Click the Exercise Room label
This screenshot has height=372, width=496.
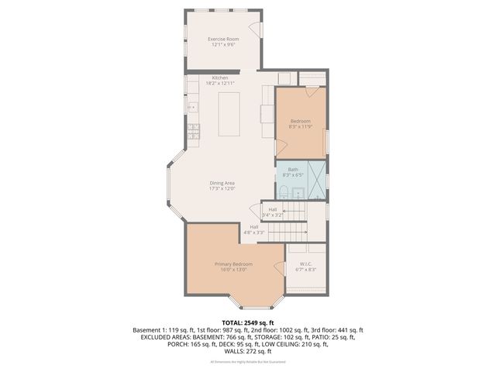222,39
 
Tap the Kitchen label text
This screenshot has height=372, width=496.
221,77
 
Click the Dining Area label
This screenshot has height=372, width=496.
222,183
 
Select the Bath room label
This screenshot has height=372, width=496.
293,170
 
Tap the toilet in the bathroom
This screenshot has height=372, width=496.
284,191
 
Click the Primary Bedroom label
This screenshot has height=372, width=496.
233,264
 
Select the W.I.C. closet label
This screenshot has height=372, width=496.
306,264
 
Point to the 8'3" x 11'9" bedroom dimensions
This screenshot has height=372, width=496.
301,126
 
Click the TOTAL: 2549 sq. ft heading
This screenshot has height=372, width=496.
248,322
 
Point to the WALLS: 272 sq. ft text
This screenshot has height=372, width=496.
248,350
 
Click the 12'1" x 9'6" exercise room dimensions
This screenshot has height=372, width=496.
222,44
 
